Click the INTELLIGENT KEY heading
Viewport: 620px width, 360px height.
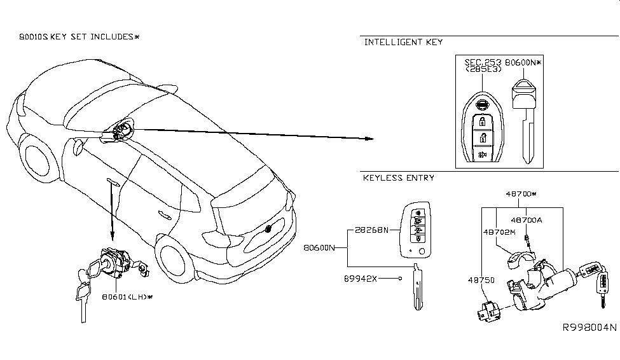(403, 43)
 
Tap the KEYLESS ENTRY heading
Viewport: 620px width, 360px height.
(398, 178)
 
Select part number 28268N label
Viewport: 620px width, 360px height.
(371, 230)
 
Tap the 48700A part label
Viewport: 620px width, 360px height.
(530, 219)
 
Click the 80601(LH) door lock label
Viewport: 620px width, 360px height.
(127, 296)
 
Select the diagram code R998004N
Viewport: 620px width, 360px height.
(589, 328)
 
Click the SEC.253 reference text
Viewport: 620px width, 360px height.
(483, 62)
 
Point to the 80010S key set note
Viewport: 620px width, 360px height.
(79, 37)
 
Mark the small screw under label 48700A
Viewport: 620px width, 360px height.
(527, 240)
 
